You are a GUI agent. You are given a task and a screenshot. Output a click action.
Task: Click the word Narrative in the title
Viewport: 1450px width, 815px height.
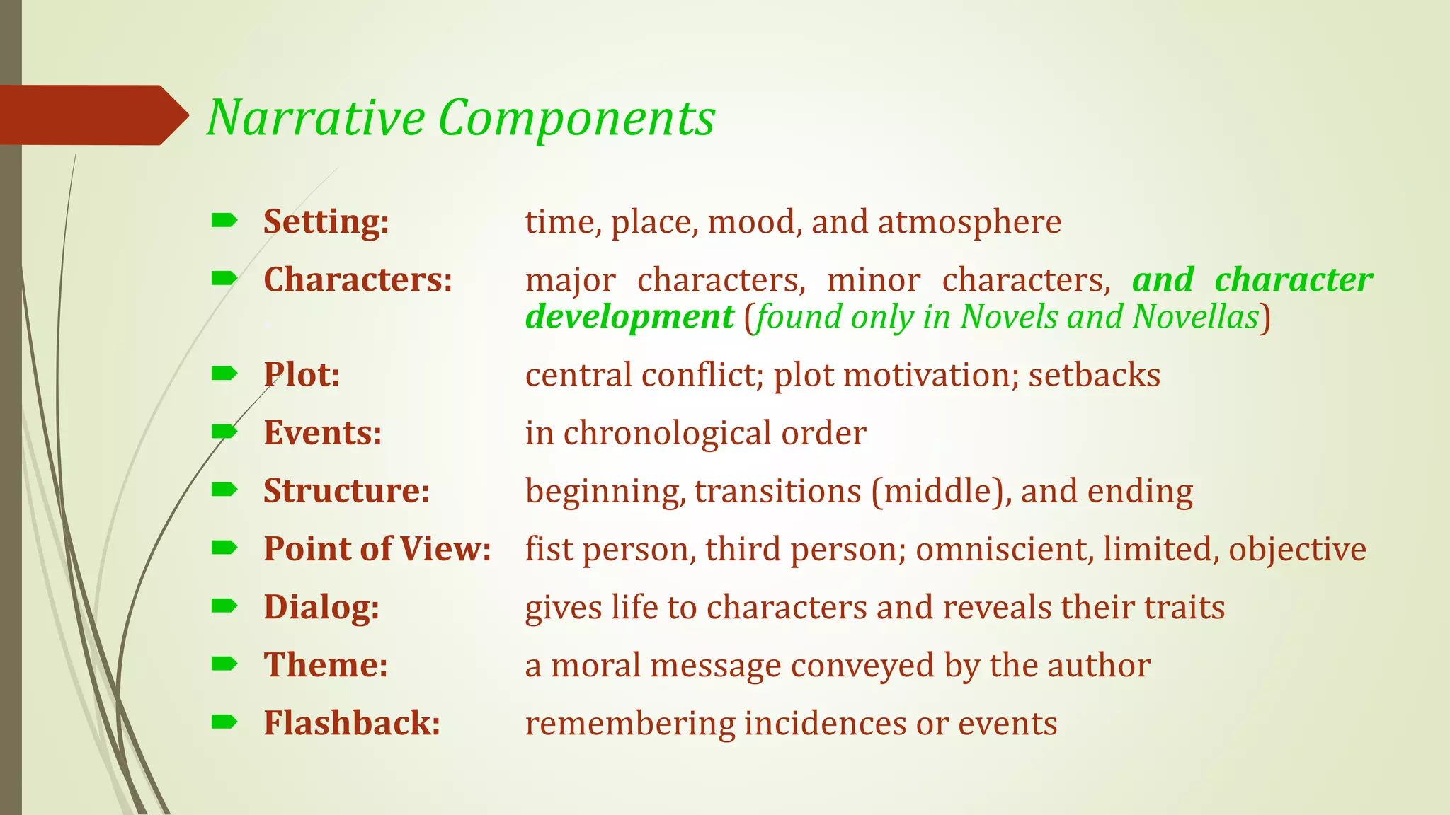click(315, 117)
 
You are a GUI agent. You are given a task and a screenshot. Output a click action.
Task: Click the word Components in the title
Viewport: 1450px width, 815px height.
click(576, 119)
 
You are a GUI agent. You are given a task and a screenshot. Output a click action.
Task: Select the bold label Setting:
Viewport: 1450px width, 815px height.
click(326, 222)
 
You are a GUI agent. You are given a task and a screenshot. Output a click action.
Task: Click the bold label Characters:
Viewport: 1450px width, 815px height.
click(358, 280)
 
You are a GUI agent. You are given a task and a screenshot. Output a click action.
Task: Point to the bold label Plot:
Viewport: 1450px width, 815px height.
click(302, 375)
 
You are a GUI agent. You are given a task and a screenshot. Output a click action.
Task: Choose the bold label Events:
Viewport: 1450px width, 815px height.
click(322, 433)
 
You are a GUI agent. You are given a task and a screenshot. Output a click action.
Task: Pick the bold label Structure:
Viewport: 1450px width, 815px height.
click(346, 491)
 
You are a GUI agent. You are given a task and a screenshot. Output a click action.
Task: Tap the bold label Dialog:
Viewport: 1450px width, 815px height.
click(321, 608)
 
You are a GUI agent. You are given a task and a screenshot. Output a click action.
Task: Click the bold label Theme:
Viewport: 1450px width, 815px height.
click(326, 666)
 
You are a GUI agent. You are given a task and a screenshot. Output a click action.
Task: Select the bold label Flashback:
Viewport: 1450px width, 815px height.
click(352, 724)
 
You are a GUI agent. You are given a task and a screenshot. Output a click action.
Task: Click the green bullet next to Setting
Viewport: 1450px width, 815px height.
click(224, 221)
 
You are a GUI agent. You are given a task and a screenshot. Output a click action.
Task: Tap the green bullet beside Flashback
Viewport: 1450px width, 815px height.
click(224, 722)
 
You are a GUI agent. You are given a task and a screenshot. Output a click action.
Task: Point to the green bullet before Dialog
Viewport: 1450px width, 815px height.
click(224, 606)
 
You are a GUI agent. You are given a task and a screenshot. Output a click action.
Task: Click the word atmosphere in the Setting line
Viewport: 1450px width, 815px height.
click(969, 222)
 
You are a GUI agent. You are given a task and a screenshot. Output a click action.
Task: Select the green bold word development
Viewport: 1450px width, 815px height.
click(629, 317)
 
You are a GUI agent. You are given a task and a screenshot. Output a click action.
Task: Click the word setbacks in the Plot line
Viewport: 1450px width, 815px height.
click(1094, 375)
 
